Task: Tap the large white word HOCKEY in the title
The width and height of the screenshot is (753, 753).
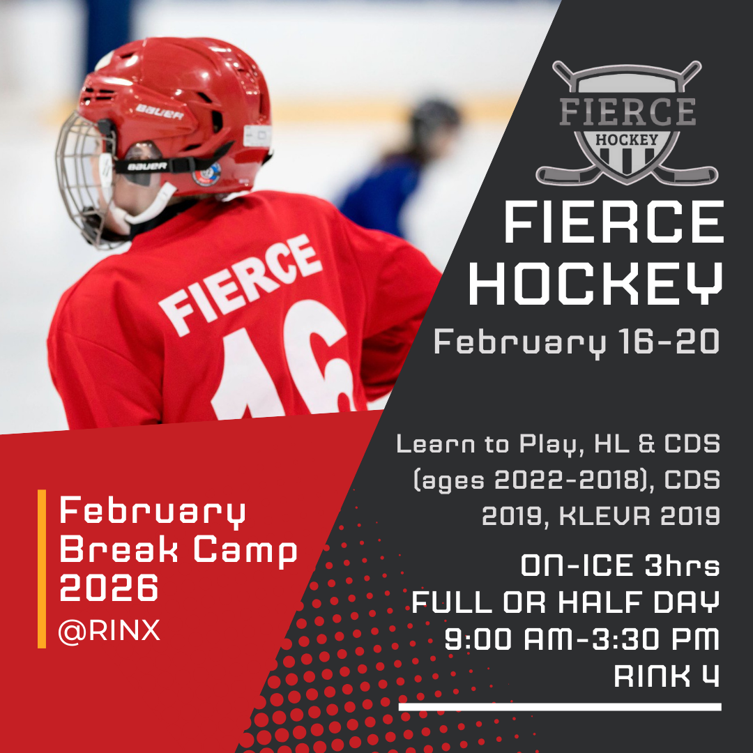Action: pos(594,283)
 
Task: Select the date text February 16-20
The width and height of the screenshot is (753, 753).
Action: pos(576,342)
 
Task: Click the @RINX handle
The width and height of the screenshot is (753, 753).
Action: pos(109,630)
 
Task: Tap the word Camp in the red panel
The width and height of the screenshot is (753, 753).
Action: pos(245,551)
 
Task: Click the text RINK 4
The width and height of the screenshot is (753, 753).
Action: pos(667,676)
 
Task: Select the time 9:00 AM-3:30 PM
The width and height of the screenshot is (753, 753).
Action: pos(582,639)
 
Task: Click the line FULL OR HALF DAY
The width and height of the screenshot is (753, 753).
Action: pos(565,602)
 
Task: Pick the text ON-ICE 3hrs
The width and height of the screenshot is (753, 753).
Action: pos(620,566)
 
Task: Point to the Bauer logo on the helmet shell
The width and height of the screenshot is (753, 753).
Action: pos(159,111)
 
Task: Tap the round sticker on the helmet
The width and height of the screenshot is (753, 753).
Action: pos(206,173)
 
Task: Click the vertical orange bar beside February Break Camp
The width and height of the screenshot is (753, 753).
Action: pos(42,568)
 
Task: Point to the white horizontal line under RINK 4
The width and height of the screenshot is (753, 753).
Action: pos(560,706)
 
